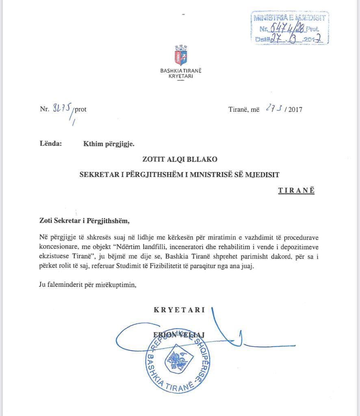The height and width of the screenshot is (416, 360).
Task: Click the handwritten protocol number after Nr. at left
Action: click(63, 108)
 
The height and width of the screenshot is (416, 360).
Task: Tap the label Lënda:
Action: click(51, 143)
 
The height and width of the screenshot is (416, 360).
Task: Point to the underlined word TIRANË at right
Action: click(296, 191)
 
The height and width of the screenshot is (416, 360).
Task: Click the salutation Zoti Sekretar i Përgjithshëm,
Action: click(84, 221)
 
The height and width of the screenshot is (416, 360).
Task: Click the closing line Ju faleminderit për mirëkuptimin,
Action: click(88, 284)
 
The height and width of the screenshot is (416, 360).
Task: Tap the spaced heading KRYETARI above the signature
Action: click(179, 310)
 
